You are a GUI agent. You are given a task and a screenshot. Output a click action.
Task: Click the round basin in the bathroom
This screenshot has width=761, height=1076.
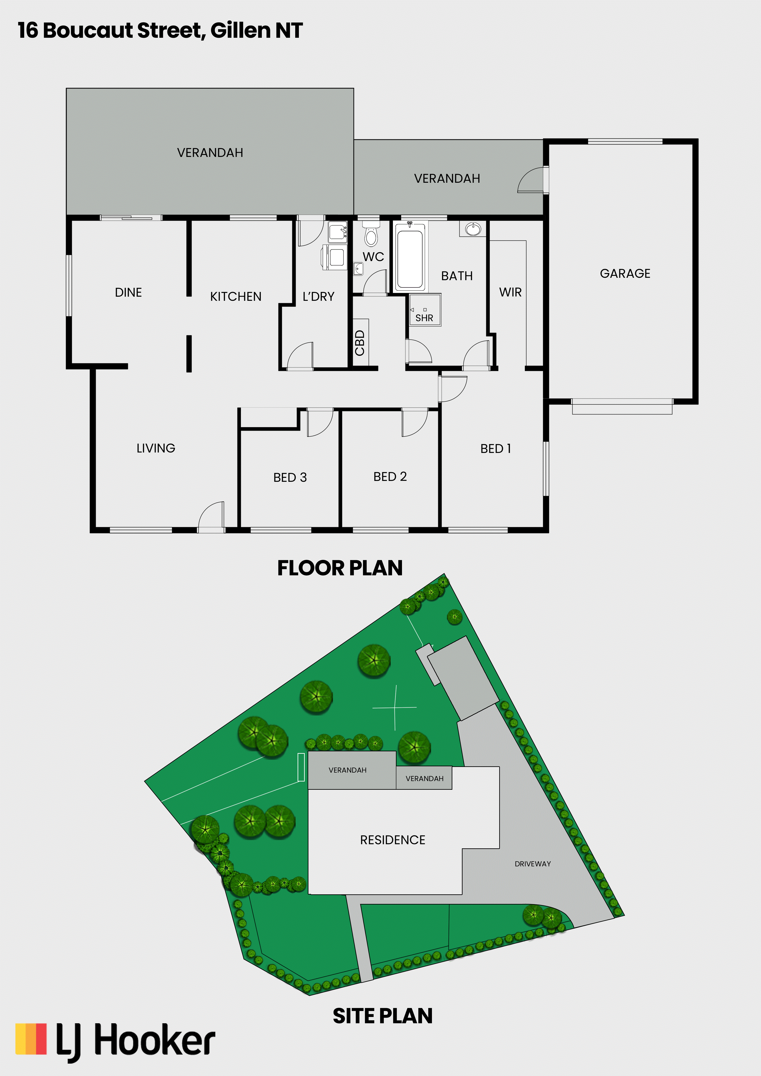[x=473, y=229]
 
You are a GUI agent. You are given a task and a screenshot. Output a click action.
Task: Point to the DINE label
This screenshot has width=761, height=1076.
[x=128, y=292]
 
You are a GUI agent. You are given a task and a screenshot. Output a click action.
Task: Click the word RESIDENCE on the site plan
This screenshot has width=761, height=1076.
[x=393, y=840]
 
